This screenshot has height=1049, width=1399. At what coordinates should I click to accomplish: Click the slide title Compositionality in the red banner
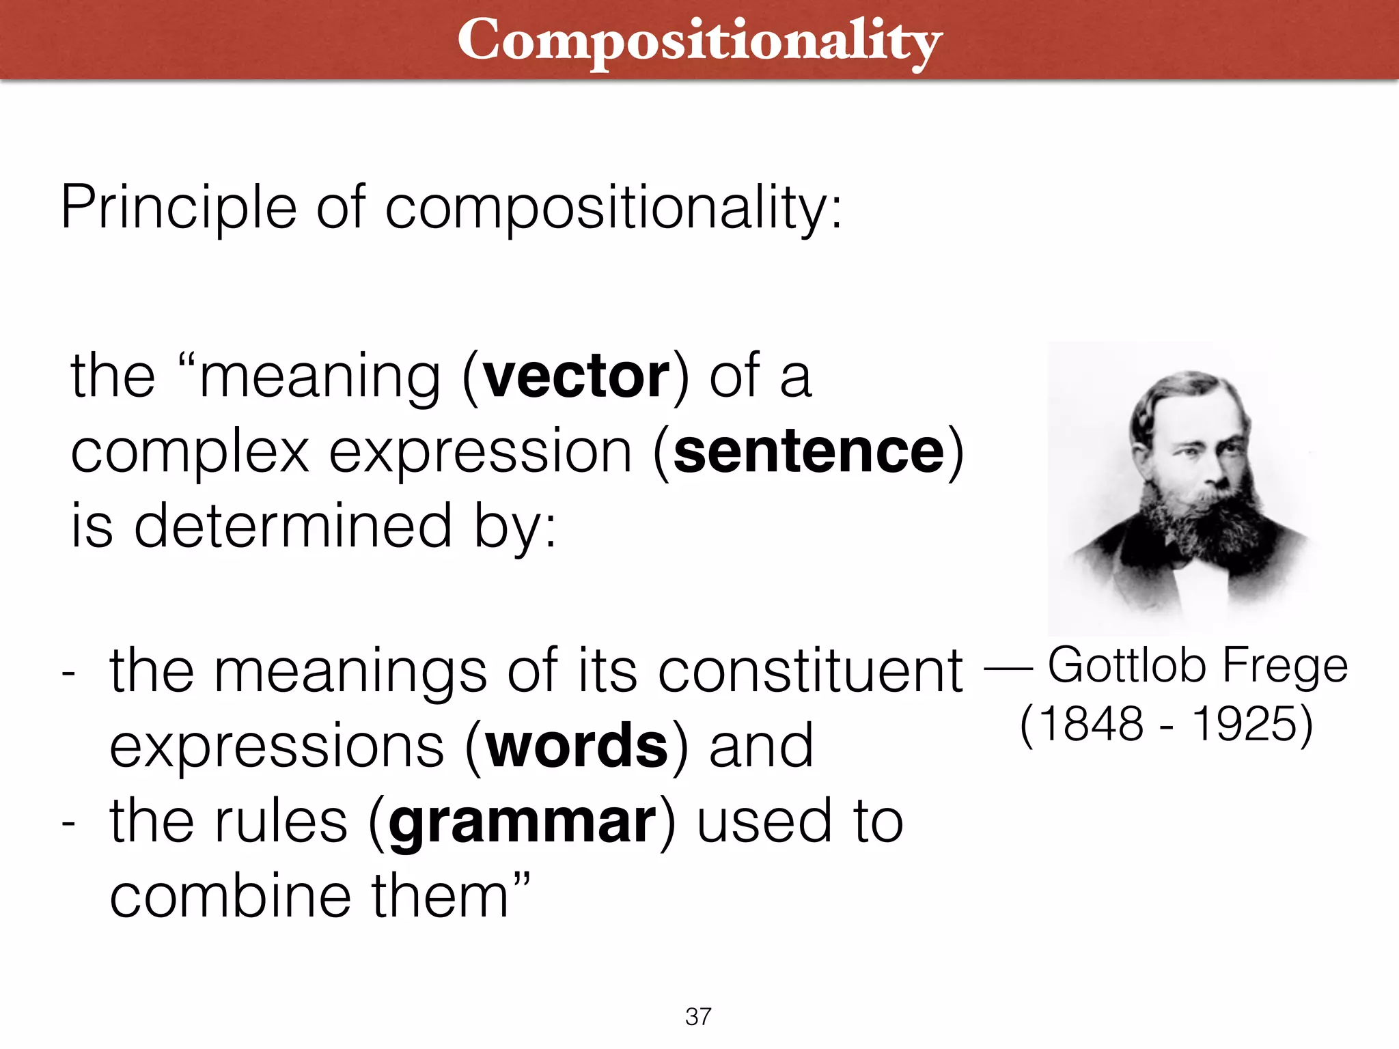click(x=699, y=41)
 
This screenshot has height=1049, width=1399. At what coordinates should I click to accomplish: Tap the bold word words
click(x=577, y=745)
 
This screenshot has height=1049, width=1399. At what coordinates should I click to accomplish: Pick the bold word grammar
click(x=523, y=822)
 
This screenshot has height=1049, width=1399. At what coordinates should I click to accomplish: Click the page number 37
click(x=698, y=1016)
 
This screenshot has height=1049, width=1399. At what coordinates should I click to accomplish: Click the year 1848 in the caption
click(x=1091, y=724)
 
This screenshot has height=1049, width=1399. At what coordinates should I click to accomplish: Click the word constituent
click(x=810, y=671)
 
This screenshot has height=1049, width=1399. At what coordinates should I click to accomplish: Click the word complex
click(x=190, y=453)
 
